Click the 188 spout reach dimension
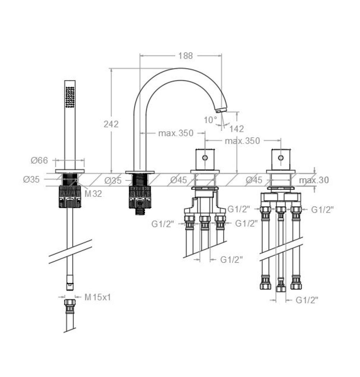coord(185,56)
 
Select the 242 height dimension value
coord(111,124)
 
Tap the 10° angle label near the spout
coord(211,120)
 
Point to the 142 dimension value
coord(236,129)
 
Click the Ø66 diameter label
coord(39,160)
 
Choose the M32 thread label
coord(93,194)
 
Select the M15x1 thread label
coord(98,298)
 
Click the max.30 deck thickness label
coord(314,180)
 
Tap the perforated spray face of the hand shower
coord(70,96)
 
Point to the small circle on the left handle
coord(205,158)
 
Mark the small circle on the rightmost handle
coord(280,158)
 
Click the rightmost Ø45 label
coord(255,180)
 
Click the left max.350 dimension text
coord(176,133)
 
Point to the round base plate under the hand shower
coord(70,171)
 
